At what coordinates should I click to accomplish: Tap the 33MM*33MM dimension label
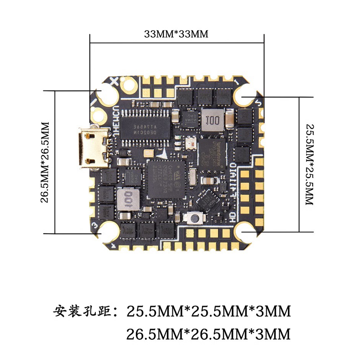click(176, 34)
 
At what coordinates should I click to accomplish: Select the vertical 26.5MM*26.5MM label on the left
click(45, 161)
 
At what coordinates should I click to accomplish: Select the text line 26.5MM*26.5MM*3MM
click(208, 334)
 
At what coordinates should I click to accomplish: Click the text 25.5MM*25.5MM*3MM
click(208, 311)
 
